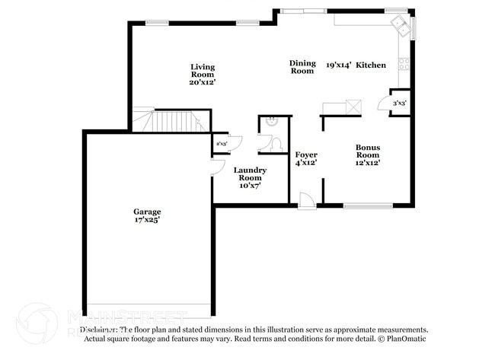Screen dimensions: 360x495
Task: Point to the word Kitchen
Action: (x=371, y=65)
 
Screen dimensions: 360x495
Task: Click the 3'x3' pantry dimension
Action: (x=400, y=103)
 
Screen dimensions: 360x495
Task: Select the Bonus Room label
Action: (x=368, y=151)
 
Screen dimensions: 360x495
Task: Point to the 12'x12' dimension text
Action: (x=368, y=162)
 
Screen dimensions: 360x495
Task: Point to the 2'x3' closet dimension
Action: (x=222, y=143)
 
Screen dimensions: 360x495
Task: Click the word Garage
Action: (x=147, y=212)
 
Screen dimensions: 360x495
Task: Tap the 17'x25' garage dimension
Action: (x=147, y=220)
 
